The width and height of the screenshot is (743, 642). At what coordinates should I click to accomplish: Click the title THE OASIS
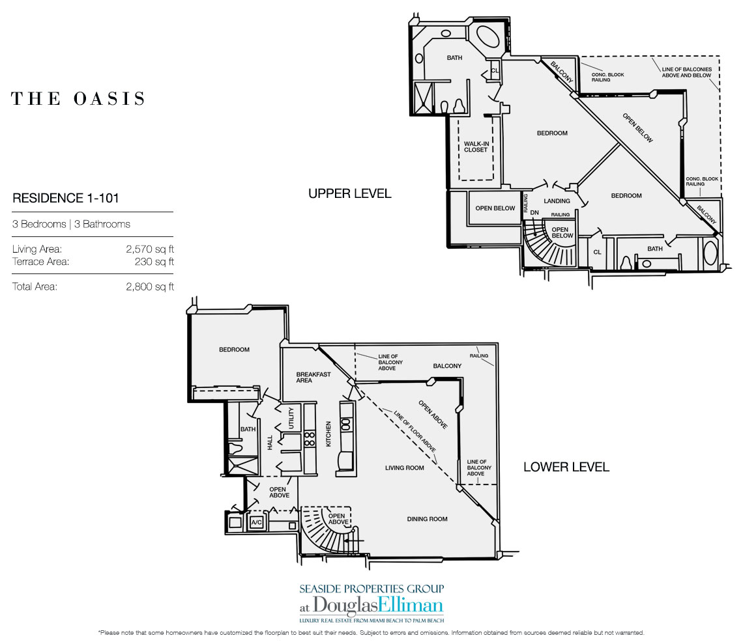[x=78, y=98]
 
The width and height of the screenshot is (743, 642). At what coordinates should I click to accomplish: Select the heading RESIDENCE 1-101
[x=65, y=198]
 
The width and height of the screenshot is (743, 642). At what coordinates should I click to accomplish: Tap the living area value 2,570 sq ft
[x=150, y=249]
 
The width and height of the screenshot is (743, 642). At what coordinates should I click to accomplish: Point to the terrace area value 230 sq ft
[x=154, y=261]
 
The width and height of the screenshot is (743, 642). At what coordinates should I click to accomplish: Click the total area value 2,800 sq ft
[x=150, y=286]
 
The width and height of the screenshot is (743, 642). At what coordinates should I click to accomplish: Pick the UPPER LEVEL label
[x=350, y=193]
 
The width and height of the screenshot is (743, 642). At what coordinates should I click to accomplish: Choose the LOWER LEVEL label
[x=566, y=467]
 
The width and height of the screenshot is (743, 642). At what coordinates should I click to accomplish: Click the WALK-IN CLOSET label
[x=476, y=147]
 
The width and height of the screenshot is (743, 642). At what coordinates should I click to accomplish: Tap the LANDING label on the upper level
[x=557, y=201]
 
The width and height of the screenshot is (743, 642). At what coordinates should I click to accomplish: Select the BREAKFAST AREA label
[x=313, y=378]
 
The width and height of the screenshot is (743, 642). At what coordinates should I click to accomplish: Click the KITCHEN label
[x=328, y=434]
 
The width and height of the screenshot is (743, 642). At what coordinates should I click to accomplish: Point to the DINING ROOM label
[x=427, y=519]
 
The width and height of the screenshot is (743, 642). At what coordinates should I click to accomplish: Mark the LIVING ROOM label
[x=404, y=468]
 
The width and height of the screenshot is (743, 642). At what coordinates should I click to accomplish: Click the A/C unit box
[x=256, y=522]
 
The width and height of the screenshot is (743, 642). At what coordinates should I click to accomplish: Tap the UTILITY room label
[x=291, y=417]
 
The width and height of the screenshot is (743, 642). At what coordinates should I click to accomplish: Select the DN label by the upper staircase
[x=534, y=212]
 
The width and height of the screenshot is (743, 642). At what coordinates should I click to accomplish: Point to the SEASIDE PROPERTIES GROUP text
[x=371, y=589]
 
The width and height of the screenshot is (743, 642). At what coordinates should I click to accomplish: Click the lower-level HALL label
[x=270, y=443]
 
